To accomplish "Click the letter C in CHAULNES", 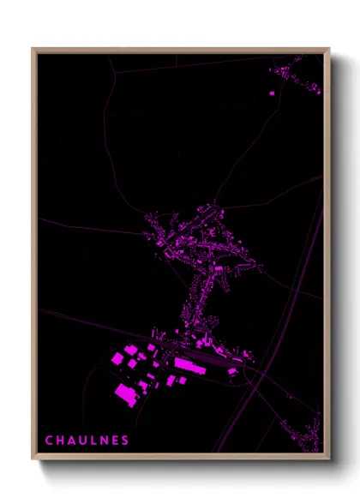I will point(49,441).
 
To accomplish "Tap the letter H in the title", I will point(60,441).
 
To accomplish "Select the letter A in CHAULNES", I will point(72,441).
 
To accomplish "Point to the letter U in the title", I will point(83,441).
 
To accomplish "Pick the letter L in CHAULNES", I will point(94,441).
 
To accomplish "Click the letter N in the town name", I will point(104,441).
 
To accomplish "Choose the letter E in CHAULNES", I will point(115,441).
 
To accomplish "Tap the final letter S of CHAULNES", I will point(125,441).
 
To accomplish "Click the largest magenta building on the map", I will point(127,393).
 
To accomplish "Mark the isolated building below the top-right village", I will point(272,92).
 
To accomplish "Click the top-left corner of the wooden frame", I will point(33,49).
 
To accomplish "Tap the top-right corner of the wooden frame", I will point(329,49).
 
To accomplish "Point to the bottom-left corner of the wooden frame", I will point(33,459).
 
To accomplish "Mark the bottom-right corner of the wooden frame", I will point(329,459).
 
